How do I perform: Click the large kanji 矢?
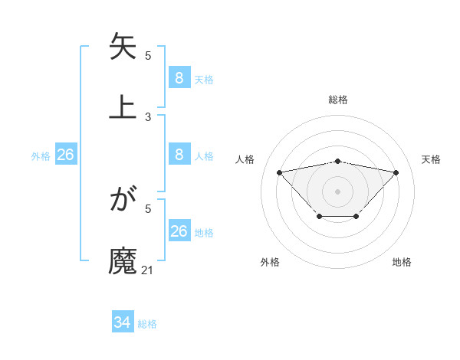[x=123, y=47]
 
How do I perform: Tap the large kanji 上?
[x=123, y=106]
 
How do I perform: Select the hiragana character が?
[x=123, y=201]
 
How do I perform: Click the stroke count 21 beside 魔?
[x=148, y=270]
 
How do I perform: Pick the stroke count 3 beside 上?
[x=148, y=116]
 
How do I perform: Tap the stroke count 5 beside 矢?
[x=148, y=56]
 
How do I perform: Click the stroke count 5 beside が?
[x=148, y=208]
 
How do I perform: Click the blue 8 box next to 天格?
[x=179, y=78]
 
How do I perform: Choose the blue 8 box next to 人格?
[x=179, y=155]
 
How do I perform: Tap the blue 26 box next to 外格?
[x=65, y=155]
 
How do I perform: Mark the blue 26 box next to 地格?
[x=179, y=231]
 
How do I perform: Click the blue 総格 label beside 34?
[x=147, y=324]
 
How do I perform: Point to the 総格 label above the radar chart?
[x=338, y=100]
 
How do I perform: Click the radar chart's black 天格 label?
[x=431, y=159]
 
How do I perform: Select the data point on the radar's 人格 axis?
[x=279, y=172]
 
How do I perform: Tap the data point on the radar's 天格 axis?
[x=396, y=172]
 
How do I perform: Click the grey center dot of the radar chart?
[x=338, y=191]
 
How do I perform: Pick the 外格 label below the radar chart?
[x=270, y=262]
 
